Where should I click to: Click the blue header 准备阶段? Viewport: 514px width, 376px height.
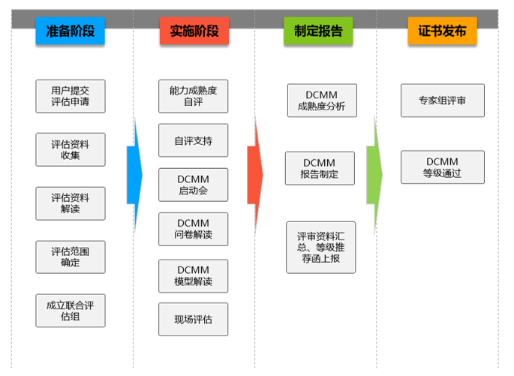click(70, 32)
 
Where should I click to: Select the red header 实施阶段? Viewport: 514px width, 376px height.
click(194, 32)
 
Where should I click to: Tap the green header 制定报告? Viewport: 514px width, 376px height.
click(318, 32)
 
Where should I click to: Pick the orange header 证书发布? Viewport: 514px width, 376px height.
click(442, 32)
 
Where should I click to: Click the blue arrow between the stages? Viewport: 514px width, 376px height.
click(134, 174)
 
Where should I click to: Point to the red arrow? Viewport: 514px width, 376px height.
click(255, 174)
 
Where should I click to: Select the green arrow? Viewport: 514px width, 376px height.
click(374, 174)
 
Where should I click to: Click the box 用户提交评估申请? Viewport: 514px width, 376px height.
click(70, 96)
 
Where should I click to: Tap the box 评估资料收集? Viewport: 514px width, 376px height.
click(70, 149)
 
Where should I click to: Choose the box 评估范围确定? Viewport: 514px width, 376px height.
click(70, 257)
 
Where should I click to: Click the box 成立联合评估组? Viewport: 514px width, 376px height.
click(70, 310)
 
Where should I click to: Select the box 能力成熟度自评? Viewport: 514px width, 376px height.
click(193, 96)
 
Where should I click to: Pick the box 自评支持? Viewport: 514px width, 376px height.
click(193, 140)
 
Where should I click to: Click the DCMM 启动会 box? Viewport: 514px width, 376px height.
click(193, 185)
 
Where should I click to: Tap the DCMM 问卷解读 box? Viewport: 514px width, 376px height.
click(193, 229)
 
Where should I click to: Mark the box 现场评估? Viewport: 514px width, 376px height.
click(193, 319)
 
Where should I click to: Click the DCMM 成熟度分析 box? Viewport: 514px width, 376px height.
click(321, 101)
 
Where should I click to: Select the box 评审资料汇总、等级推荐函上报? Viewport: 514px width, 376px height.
click(320, 247)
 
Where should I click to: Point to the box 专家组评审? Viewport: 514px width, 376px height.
click(442, 100)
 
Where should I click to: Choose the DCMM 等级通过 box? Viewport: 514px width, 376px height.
click(442, 167)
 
